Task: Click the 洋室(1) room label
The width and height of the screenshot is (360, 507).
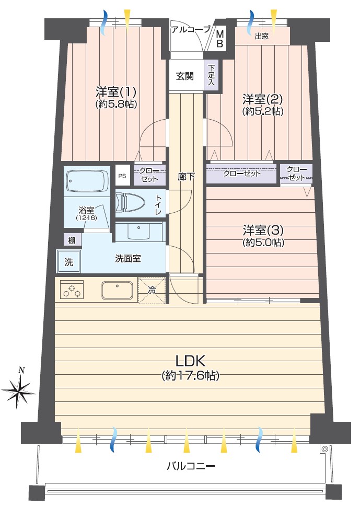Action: [x=116, y=92]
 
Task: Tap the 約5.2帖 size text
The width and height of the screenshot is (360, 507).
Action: [x=263, y=111]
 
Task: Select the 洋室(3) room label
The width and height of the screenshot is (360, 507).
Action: [x=263, y=231]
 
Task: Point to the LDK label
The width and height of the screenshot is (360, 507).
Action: [x=190, y=360]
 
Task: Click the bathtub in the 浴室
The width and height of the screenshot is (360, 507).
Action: [x=87, y=181]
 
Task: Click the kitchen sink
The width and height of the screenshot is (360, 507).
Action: [x=118, y=290]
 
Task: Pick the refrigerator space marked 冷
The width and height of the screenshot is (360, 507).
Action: [x=152, y=291]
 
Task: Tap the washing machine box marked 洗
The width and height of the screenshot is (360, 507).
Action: [x=68, y=262]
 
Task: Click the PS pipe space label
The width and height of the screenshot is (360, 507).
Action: [x=122, y=176]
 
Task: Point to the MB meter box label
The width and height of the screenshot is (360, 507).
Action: [x=220, y=39]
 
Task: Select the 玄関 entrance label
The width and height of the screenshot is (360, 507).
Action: [x=185, y=76]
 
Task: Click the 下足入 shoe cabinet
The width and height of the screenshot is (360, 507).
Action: [x=211, y=75]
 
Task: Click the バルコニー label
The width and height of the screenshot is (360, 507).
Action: [x=191, y=466]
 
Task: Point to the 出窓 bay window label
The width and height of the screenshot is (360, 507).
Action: [x=261, y=36]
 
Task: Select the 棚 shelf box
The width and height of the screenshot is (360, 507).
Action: [x=72, y=240]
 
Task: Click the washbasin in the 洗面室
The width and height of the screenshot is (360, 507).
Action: [x=139, y=232]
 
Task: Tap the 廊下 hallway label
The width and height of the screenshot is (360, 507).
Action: [x=186, y=177]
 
